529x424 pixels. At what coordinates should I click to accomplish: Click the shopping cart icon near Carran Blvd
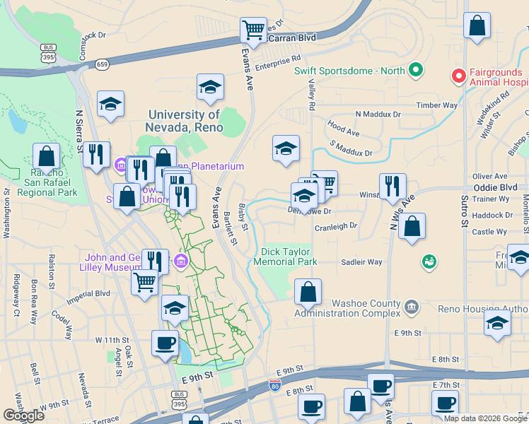tap(253, 30)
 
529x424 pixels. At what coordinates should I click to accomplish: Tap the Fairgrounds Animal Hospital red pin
tap(458, 74)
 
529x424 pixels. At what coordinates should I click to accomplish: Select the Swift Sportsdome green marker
tap(416, 71)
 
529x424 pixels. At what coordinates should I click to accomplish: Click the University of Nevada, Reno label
tap(185, 121)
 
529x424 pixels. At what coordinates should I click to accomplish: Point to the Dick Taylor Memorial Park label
tap(289, 257)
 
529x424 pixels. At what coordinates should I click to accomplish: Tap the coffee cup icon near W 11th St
tap(165, 343)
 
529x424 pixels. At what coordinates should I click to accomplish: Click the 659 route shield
tap(103, 64)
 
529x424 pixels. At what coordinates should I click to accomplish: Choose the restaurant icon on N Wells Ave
tap(393, 186)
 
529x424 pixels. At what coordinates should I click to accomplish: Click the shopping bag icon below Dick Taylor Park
tap(308, 291)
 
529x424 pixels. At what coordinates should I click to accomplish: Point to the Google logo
tap(24, 416)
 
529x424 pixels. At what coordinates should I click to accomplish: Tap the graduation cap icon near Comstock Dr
tap(110, 104)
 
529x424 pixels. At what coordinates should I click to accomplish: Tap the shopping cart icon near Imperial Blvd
tap(145, 282)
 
